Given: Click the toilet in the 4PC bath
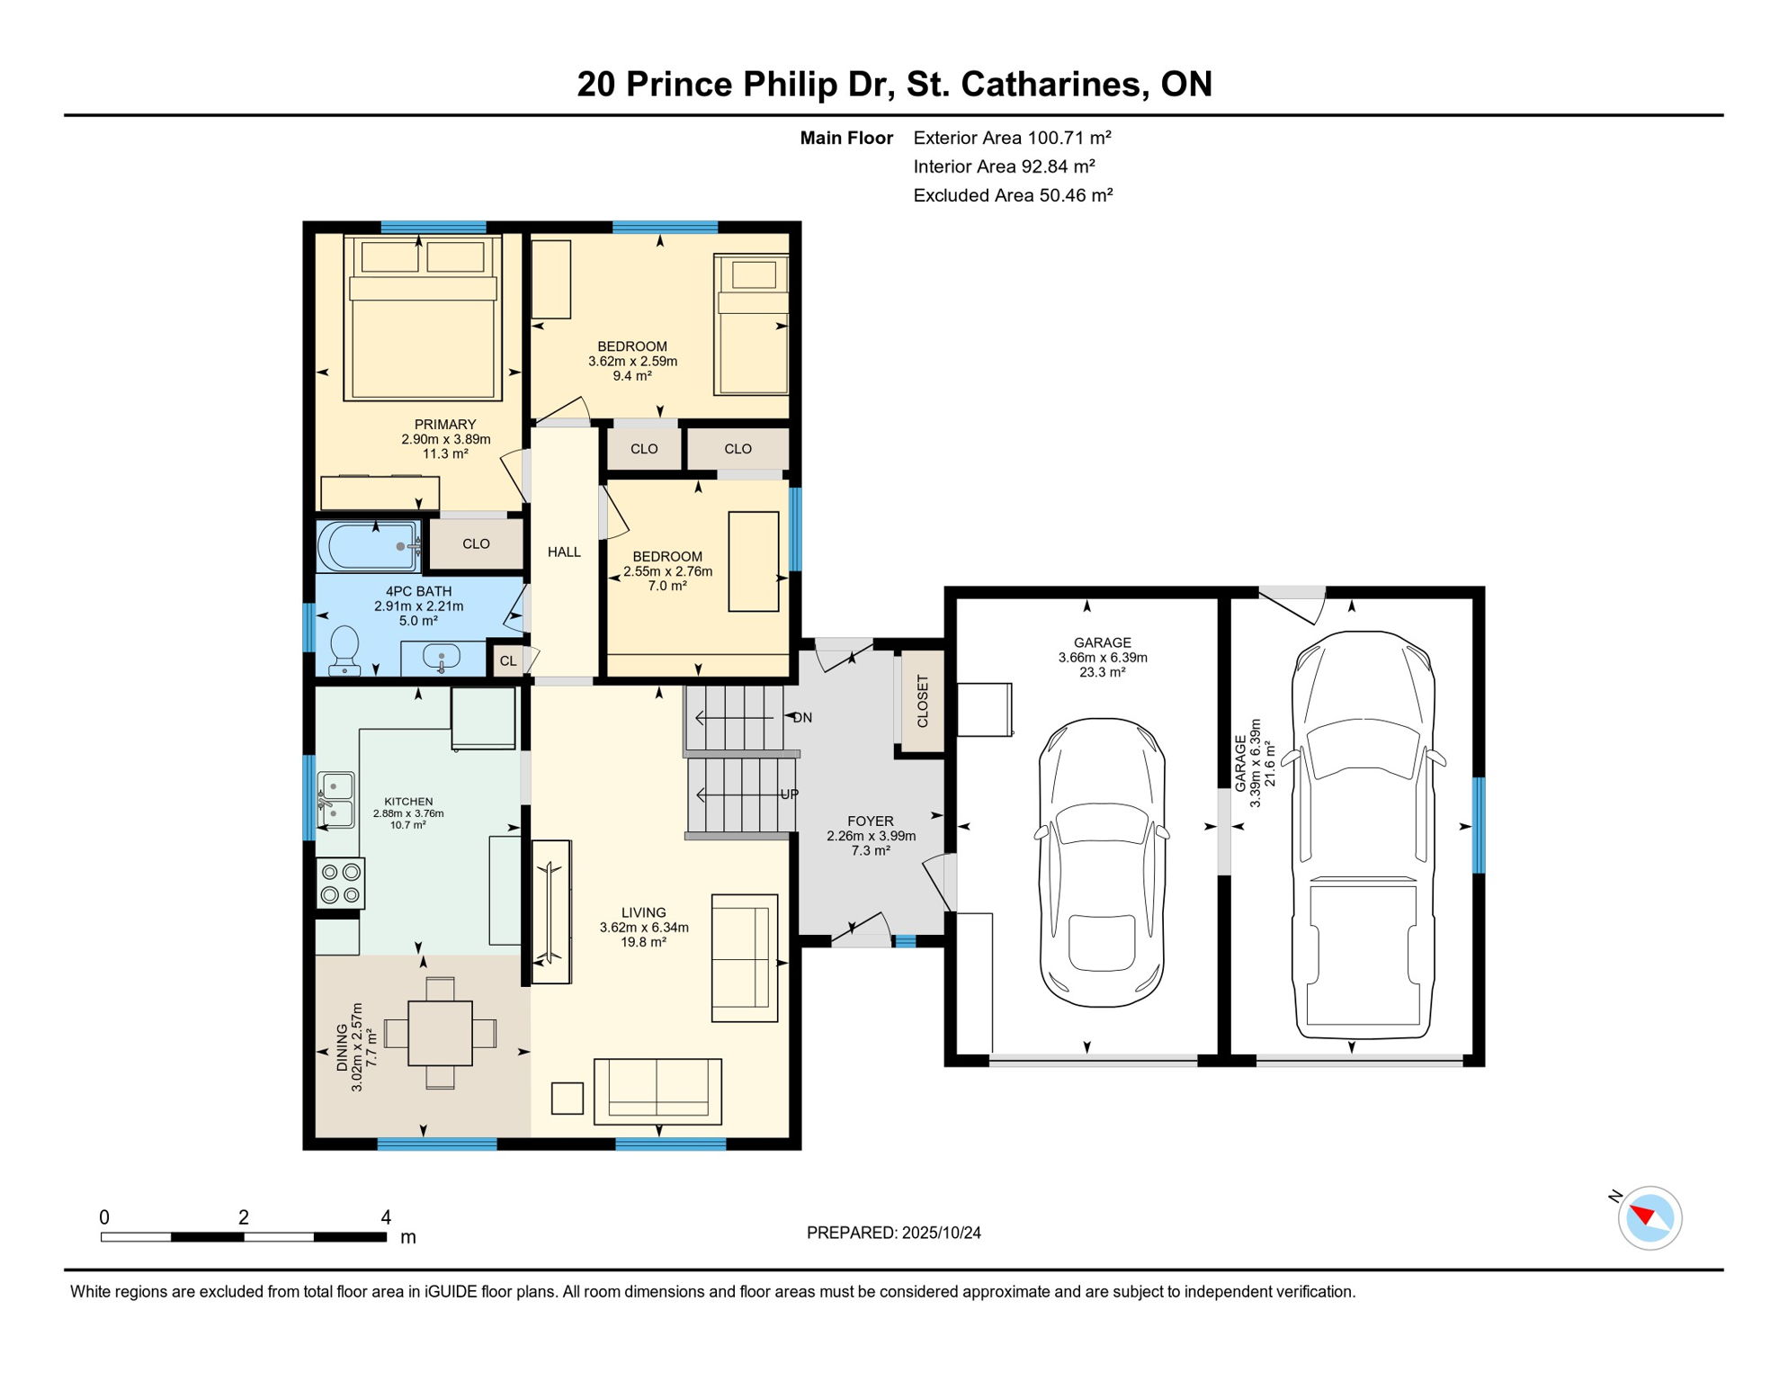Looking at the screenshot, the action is point(344,651).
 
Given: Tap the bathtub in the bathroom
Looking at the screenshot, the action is point(368,546).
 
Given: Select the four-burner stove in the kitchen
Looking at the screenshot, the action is point(341,884).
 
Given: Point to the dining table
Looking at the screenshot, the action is point(440,1033).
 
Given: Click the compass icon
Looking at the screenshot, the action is point(1649,1218).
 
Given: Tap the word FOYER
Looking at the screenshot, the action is point(870,821).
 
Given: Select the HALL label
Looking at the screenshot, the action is point(564,552).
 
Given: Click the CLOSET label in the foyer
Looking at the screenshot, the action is point(922,701).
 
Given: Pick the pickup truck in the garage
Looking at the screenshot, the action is point(1363,835).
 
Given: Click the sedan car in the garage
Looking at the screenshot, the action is point(1102,862).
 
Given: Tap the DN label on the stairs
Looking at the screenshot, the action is point(802,718).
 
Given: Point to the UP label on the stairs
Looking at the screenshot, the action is point(789,794).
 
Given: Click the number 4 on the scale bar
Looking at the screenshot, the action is point(386,1217).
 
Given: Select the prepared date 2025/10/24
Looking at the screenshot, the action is point(942,1233).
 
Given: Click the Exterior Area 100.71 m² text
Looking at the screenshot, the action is point(1012,138).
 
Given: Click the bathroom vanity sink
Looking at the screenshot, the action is point(441,657).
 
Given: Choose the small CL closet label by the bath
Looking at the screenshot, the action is point(508,661).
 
